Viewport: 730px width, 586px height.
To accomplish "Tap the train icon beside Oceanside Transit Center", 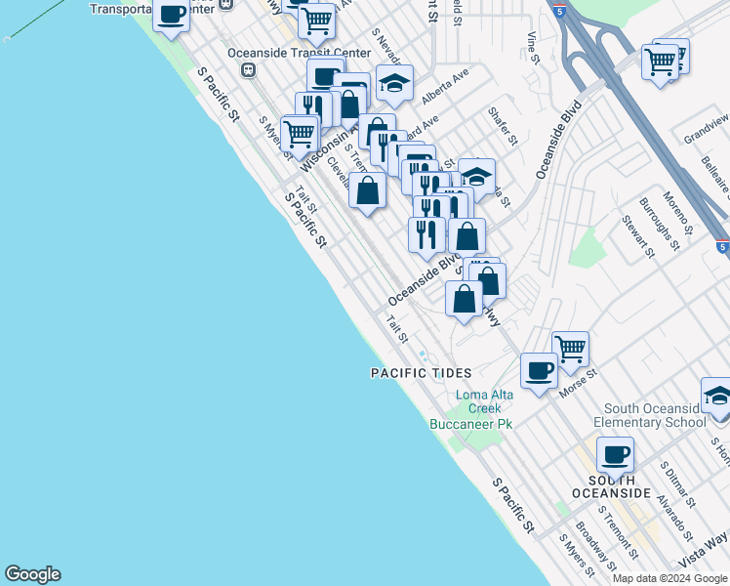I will [249, 70].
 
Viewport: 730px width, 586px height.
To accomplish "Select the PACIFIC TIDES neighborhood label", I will [421, 373].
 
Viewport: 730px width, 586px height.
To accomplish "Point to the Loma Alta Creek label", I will [484, 402].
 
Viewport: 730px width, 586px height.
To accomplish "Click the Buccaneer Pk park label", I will [470, 424].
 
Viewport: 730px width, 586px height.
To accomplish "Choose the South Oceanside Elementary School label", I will [654, 415].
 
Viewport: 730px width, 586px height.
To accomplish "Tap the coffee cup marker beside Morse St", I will [539, 370].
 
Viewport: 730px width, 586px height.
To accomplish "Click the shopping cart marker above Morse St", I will [570, 347].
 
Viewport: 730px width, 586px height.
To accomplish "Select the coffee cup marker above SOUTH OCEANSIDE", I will [615, 454].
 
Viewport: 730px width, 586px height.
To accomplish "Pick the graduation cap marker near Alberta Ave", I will [394, 84].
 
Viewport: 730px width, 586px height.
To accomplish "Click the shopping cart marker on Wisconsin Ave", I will [300, 132].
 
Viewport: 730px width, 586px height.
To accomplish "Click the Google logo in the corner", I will [32, 574].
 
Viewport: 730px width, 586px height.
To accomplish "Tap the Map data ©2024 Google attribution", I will [670, 578].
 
